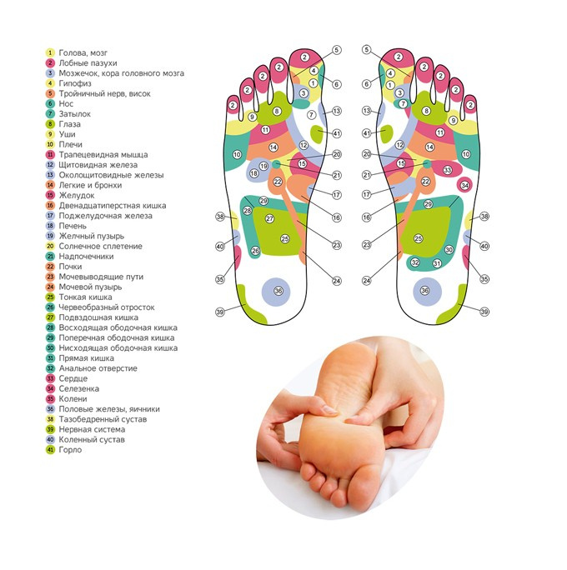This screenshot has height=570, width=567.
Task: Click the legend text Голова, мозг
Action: pos(83,53)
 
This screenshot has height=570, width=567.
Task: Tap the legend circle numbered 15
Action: pos(50,196)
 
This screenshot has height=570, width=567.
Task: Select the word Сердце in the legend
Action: pos(73,379)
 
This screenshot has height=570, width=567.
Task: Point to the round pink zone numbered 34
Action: pos(464,185)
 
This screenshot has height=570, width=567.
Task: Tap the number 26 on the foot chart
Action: pos(255,251)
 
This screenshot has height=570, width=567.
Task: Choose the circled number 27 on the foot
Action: pos(269,218)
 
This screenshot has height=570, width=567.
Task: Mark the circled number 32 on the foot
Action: pos(415,262)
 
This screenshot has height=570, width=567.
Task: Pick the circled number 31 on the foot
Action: pos(437,263)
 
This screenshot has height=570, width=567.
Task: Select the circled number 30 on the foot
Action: pos(449,250)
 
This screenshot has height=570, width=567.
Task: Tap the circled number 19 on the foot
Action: pos(263,166)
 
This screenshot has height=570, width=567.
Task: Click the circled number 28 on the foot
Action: pos(248,211)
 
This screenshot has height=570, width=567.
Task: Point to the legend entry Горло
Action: pos(70,450)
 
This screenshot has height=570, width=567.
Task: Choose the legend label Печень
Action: pos(73,226)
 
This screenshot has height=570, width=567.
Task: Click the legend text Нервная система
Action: pos(92,430)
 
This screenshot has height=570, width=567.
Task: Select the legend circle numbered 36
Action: pos(50,409)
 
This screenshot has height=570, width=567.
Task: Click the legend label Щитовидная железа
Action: pos(98,165)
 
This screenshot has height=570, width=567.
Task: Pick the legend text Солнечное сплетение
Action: pos(100,247)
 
